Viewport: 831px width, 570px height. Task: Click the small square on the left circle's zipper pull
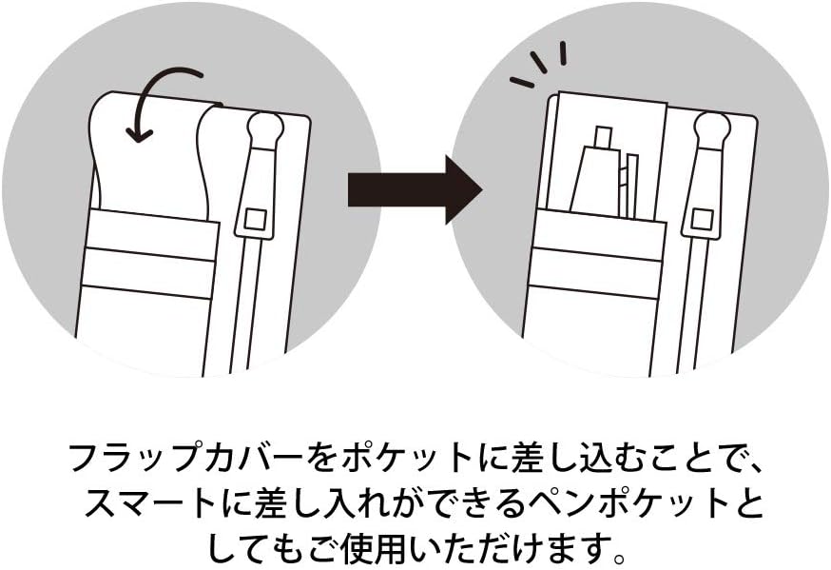coord(255,219)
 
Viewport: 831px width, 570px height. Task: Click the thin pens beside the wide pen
coord(628,186)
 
